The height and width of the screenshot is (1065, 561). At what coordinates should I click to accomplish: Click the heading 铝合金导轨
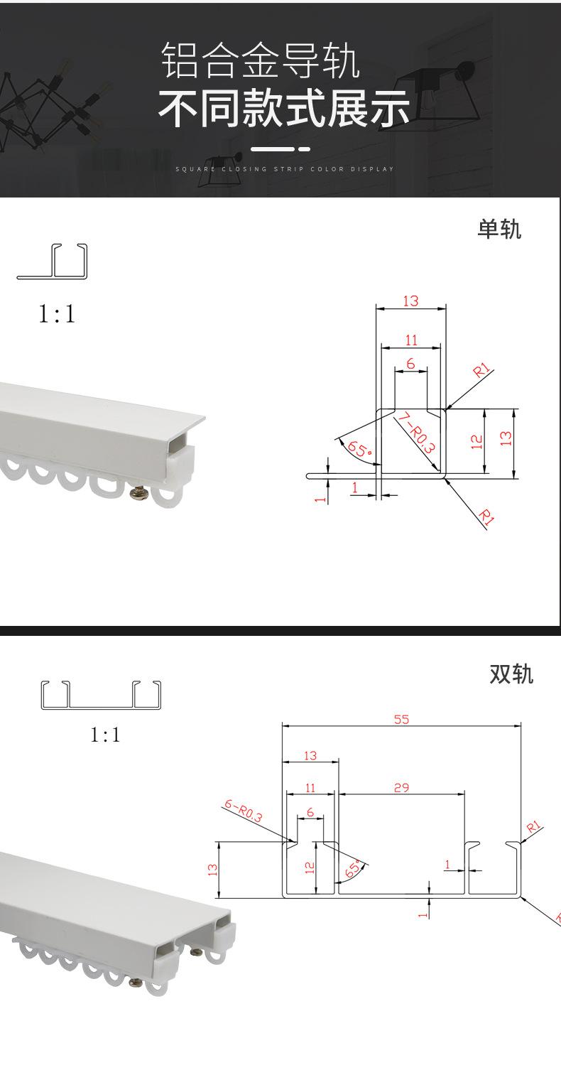tap(261, 61)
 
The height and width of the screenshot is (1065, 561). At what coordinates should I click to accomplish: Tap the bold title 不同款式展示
tap(283, 109)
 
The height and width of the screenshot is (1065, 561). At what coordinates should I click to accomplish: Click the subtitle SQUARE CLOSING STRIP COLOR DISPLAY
tap(285, 169)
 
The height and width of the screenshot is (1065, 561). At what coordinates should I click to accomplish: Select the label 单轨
tap(499, 229)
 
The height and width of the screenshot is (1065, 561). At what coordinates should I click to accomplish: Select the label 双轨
tap(511, 674)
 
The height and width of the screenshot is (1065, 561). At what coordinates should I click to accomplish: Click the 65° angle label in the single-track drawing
tap(359, 448)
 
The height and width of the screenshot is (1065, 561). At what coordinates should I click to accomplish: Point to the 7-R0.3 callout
tap(417, 433)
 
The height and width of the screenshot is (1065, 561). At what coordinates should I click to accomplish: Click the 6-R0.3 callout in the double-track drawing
tap(243, 811)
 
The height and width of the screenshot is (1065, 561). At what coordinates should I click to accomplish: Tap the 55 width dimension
tap(401, 719)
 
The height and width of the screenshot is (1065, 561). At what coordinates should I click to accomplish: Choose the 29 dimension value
tap(401, 787)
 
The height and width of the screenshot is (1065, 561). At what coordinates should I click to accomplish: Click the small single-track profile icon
tap(53, 261)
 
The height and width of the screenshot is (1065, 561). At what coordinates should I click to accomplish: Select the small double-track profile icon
tap(101, 695)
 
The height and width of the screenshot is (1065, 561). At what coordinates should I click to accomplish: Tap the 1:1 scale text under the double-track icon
tap(106, 735)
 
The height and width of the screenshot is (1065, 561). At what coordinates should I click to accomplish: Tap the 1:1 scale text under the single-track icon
tap(57, 314)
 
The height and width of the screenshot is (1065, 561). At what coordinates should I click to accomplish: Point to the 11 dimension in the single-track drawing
tap(411, 340)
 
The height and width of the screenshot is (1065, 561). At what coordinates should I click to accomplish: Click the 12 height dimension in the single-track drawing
tap(477, 442)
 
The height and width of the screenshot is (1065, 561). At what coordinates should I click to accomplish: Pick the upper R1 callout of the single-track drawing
tap(481, 370)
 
